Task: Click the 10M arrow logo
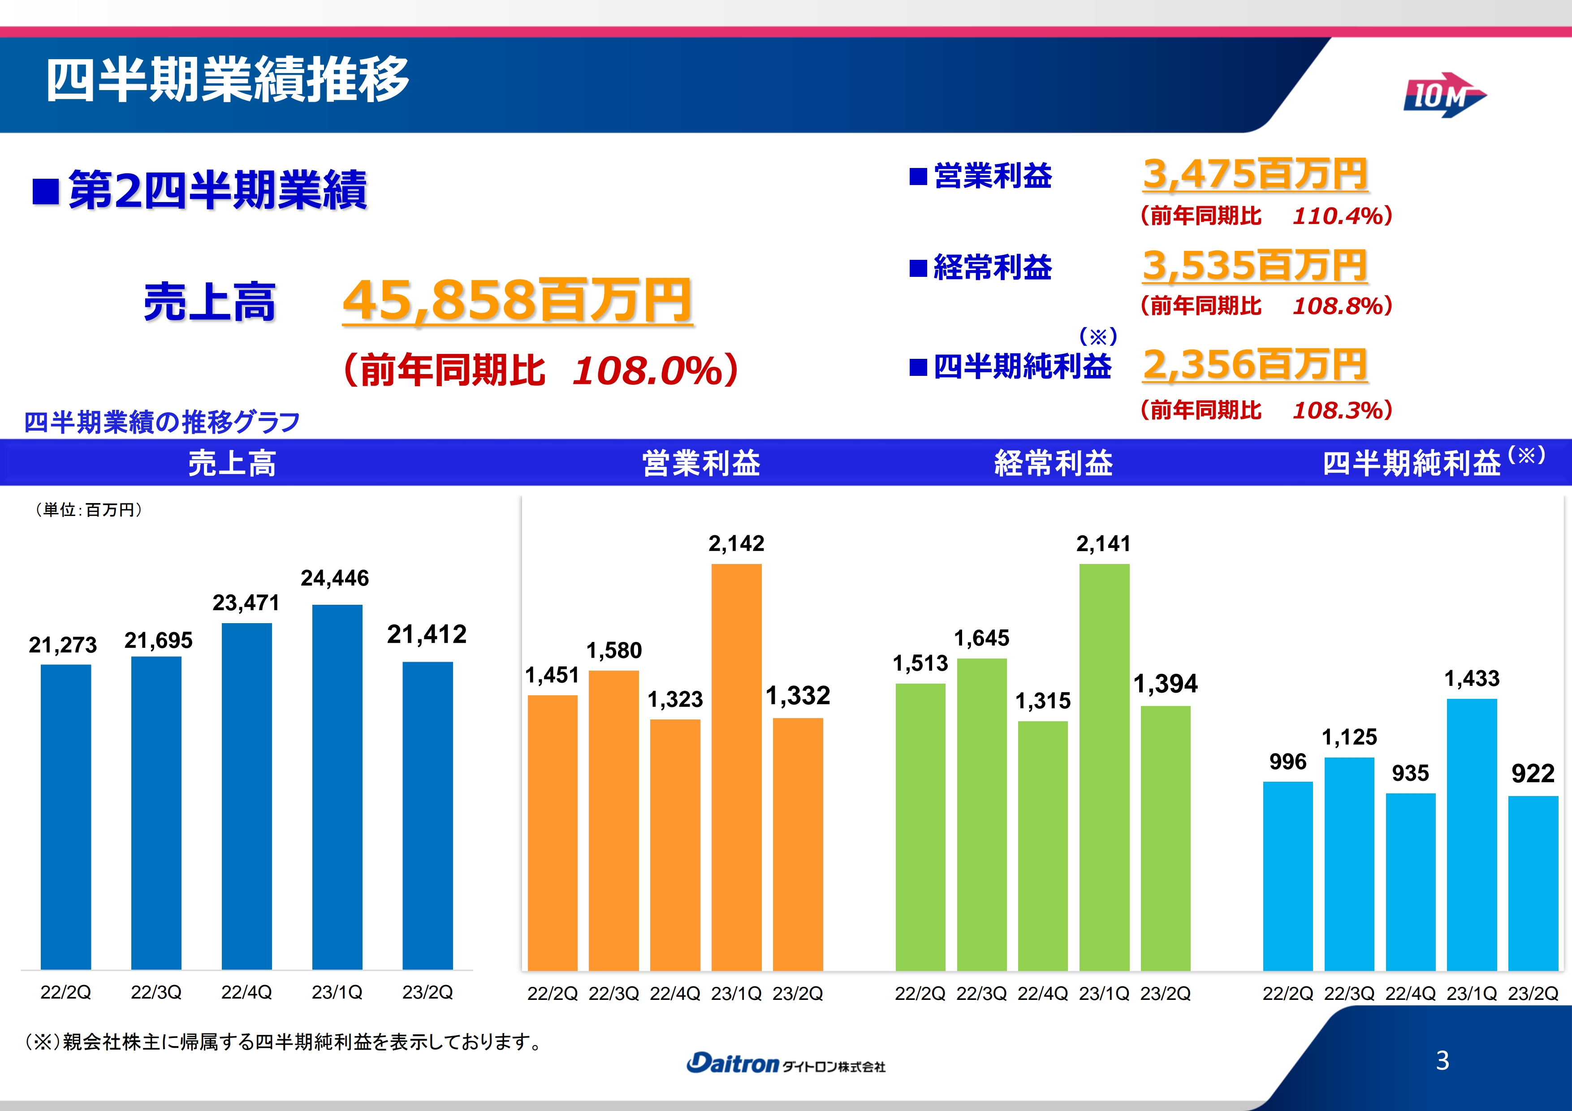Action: pyautogui.click(x=1443, y=96)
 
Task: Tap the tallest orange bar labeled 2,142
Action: pyautogui.click(x=736, y=767)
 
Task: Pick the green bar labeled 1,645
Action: pyautogui.click(x=982, y=814)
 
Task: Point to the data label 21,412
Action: pyautogui.click(x=427, y=634)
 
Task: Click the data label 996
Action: pyautogui.click(x=1287, y=761)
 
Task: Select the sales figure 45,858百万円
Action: pyautogui.click(x=517, y=301)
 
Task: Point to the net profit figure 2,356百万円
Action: pyautogui.click(x=1255, y=364)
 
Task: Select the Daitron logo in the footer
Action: pyautogui.click(x=785, y=1063)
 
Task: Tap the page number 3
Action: pyautogui.click(x=1442, y=1060)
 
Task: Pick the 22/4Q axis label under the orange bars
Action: pyautogui.click(x=674, y=993)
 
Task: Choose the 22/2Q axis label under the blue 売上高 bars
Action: pyautogui.click(x=66, y=992)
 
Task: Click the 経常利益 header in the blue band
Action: pyautogui.click(x=1053, y=463)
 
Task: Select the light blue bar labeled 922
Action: pyautogui.click(x=1533, y=883)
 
